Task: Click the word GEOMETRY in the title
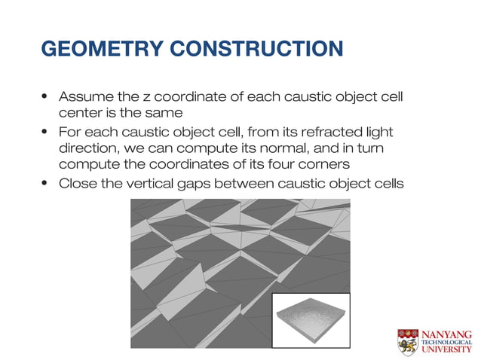click(103, 49)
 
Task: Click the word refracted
click(331, 132)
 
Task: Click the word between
click(247, 183)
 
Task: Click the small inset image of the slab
click(311, 320)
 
